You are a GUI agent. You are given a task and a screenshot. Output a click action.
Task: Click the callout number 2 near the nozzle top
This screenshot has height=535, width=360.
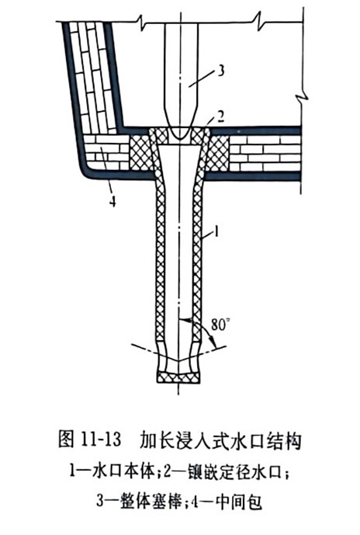(220, 117)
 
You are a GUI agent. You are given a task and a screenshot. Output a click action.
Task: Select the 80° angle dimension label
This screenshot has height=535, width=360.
(219, 325)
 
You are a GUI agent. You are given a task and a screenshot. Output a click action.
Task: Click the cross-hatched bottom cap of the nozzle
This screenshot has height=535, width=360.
(178, 377)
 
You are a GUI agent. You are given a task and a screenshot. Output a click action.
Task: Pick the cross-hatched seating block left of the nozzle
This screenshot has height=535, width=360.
(140, 153)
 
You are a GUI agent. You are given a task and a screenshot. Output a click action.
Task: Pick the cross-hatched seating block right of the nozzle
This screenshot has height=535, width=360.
(217, 153)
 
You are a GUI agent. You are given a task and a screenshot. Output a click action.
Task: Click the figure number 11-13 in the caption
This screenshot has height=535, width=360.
(101, 439)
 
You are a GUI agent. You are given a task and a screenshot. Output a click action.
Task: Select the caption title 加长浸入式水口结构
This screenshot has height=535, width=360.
(221, 440)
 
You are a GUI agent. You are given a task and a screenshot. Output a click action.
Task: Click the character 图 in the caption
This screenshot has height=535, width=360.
(66, 439)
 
